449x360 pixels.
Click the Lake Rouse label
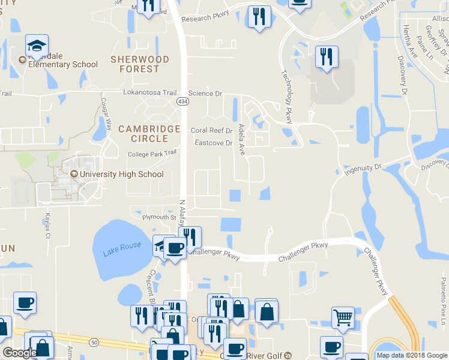(x=122, y=247)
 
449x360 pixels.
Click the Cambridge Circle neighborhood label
(x=149, y=133)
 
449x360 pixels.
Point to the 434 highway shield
(x=181, y=103)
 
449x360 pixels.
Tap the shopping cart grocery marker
(x=342, y=316)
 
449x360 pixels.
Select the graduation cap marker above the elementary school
(x=37, y=46)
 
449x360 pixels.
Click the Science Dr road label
(x=205, y=94)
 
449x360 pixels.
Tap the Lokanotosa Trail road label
(x=150, y=93)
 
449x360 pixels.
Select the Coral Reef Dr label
(x=211, y=130)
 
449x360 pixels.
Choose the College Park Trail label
(x=153, y=154)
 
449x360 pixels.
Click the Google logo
(x=19, y=353)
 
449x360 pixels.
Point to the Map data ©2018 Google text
(x=411, y=355)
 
